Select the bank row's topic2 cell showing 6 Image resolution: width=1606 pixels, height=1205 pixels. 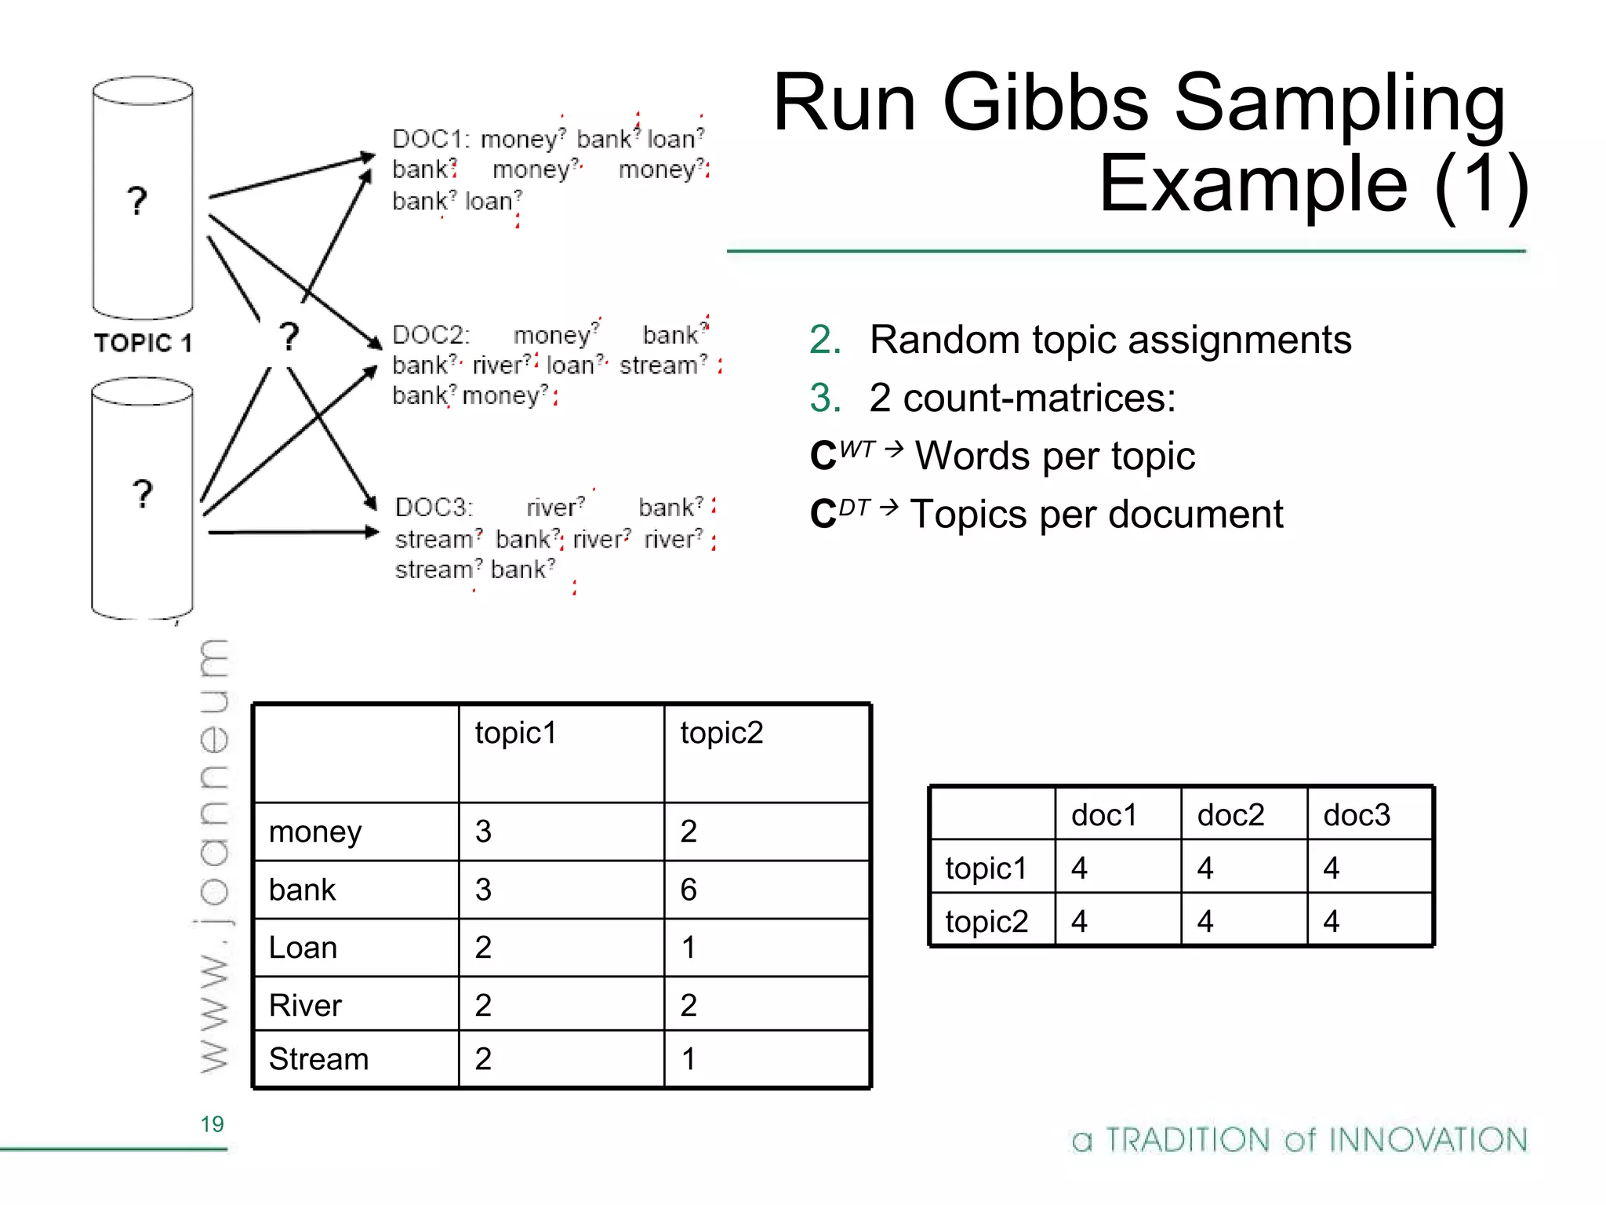pos(689,890)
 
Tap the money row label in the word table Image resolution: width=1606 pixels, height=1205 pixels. pos(315,832)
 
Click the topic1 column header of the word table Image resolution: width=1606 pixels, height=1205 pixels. pos(515,733)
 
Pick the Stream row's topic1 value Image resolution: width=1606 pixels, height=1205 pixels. pos(483,1059)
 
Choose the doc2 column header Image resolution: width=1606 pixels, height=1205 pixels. pos(1230,815)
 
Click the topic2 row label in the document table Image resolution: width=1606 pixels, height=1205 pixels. pos(986,921)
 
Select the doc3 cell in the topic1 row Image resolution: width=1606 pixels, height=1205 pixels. pos(1331,868)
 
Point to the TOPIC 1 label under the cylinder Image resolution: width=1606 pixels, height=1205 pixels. pos(143,343)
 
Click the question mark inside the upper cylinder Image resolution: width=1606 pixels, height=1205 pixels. pos(137,201)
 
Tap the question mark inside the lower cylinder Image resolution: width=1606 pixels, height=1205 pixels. pos(142,494)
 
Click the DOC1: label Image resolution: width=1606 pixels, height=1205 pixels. pos(431,139)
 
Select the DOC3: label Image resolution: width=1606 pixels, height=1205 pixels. pos(434,508)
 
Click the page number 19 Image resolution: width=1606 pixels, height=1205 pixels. pos(212,1124)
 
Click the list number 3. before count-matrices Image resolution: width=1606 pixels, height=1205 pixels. pos(825,398)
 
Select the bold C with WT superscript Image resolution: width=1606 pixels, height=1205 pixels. pos(823,456)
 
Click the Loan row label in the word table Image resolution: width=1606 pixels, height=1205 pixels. pos(303,948)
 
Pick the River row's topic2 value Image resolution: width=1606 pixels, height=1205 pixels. pos(689,1006)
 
